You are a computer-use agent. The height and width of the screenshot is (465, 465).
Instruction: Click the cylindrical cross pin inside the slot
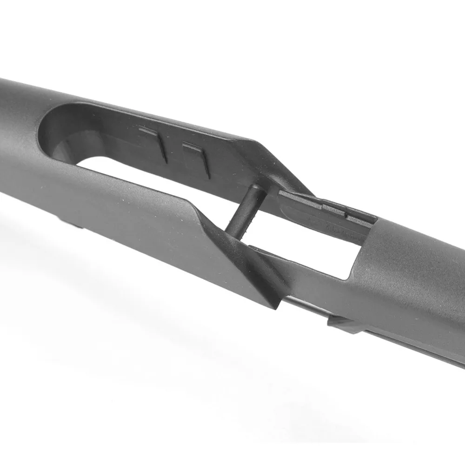246,208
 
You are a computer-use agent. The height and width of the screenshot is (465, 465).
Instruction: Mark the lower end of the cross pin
235,230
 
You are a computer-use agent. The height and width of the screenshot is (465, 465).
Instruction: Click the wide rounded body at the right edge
418,270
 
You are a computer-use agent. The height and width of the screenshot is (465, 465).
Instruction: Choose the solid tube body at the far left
19,139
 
